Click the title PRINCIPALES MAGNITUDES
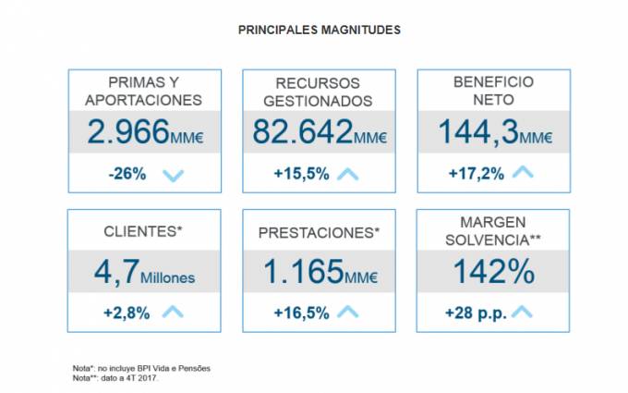[x=320, y=31]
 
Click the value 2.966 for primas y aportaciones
[x=127, y=133]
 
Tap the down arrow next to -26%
[x=173, y=174]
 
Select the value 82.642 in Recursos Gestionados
[x=302, y=133]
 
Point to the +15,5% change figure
[x=301, y=174]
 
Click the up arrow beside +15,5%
[x=347, y=173]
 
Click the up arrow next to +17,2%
[x=523, y=172]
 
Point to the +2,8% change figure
[x=127, y=313]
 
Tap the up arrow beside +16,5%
[x=347, y=312]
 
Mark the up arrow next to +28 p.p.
[x=523, y=312]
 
